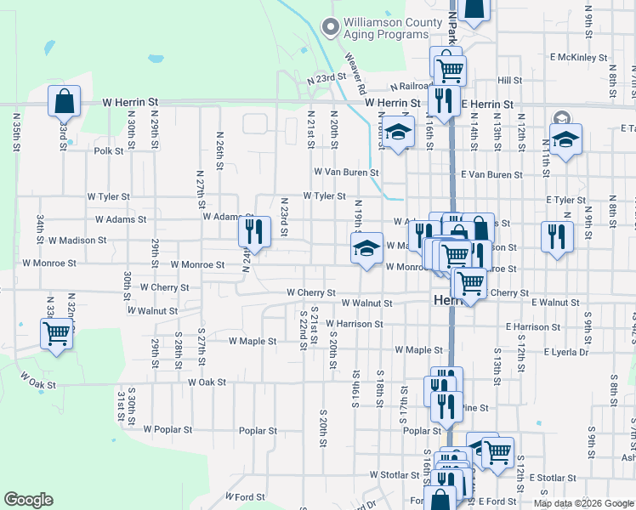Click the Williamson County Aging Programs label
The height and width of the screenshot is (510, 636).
[385, 28]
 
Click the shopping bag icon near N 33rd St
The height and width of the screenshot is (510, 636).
[65, 102]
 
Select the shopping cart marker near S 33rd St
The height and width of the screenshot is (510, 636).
[57, 333]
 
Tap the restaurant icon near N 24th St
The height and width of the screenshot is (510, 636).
[254, 231]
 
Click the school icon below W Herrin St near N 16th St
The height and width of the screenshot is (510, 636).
[397, 133]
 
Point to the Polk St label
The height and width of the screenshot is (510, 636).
[110, 151]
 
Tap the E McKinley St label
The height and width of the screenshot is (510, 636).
[578, 58]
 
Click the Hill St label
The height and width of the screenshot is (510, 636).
[509, 80]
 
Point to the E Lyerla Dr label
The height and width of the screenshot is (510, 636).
[560, 352]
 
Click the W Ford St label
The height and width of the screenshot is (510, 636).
[246, 496]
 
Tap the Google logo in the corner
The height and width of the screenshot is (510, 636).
[28, 500]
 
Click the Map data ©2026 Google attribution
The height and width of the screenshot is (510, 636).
[583, 503]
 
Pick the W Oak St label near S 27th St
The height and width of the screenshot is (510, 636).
[201, 382]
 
